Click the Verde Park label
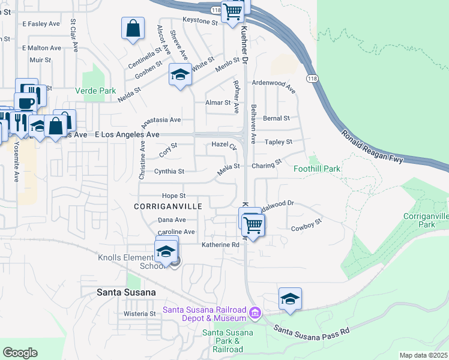[95, 91]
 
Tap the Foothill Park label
[317, 169]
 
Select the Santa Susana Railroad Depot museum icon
[255, 312]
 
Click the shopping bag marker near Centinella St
[133, 28]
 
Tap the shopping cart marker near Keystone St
[232, 11]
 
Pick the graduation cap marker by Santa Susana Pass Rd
[290, 299]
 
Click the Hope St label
[174, 196]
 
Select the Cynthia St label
[169, 171]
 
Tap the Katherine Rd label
[220, 245]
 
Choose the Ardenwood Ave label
[274, 86]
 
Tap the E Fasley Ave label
[41, 23]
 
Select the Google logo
[20, 352]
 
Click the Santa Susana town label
[127, 292]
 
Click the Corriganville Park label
[426, 220]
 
